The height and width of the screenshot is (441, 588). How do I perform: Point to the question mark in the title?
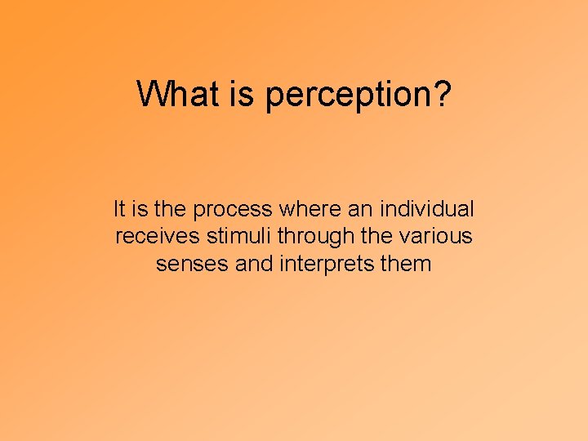(441, 94)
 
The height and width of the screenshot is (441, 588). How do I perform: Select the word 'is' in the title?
(242, 94)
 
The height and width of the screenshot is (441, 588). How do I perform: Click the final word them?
(406, 264)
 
